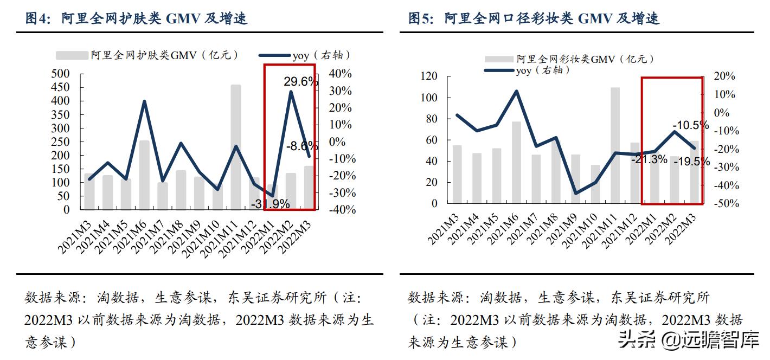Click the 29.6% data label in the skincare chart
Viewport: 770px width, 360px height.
[x=300, y=81]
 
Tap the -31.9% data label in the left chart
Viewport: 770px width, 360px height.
[x=270, y=204]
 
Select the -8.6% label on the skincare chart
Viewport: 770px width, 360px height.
[x=302, y=146]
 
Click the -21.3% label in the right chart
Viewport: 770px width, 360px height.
[x=649, y=159]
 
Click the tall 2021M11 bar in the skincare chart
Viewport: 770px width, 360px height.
[x=236, y=146]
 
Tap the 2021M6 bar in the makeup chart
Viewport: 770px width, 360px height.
[x=516, y=162]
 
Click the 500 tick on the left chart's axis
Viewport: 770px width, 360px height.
[x=60, y=74]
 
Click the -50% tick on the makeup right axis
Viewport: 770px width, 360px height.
[x=724, y=204]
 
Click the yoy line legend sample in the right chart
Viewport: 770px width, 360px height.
[x=499, y=70]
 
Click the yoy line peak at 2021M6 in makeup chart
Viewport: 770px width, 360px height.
[x=516, y=91]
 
